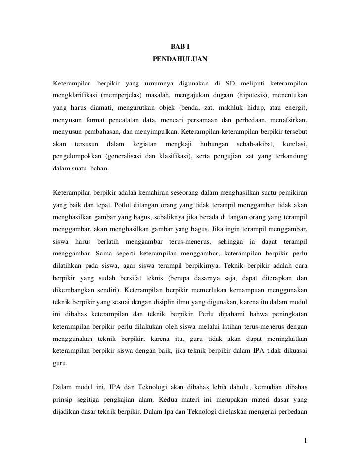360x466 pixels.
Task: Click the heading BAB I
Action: pyautogui.click(x=180, y=47)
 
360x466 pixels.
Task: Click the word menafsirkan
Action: pyautogui.click(x=288, y=120)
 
